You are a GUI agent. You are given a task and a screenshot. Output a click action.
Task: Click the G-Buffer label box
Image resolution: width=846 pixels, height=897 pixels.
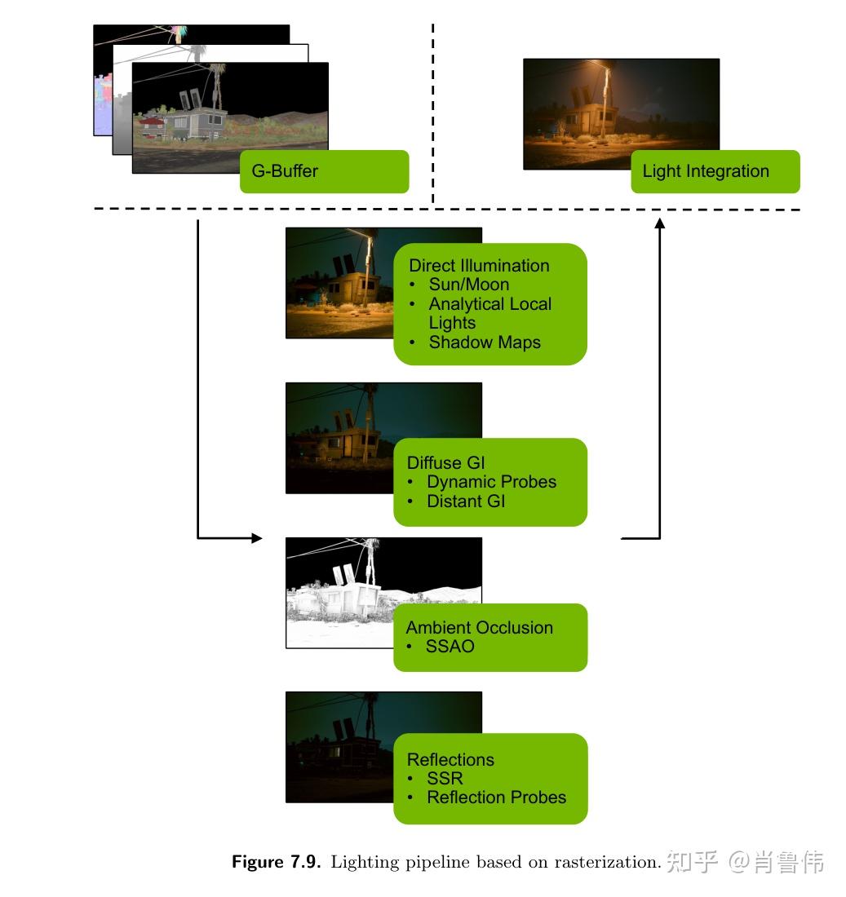pos(324,171)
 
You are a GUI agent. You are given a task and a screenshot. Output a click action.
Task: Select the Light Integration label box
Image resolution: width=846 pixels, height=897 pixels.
pos(715,171)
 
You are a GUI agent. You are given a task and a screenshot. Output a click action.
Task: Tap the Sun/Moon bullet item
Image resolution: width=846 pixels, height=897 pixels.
pos(468,285)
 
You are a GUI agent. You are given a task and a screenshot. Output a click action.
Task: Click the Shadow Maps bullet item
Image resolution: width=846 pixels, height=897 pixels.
pos(485,342)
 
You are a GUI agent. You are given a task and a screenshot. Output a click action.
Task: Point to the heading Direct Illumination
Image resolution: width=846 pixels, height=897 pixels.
pos(479,266)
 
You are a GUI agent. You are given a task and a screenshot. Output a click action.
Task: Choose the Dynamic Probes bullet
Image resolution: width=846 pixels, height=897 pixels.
pos(491,482)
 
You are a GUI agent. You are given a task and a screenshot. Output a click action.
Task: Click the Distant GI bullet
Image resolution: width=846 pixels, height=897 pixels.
pos(466,501)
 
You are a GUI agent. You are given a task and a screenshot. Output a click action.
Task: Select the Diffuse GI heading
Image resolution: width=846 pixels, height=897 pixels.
pos(445,463)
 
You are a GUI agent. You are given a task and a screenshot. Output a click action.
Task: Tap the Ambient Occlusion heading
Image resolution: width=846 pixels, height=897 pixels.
pos(479,628)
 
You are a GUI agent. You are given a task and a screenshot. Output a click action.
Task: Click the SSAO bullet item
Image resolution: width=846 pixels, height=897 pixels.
pos(450,647)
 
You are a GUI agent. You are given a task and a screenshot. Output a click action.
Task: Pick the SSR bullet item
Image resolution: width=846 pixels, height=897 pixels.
pos(445,778)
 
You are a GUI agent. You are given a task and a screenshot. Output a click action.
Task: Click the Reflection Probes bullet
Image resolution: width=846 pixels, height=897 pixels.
pos(496,798)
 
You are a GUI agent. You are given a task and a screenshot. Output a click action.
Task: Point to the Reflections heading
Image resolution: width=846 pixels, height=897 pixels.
pos(450,759)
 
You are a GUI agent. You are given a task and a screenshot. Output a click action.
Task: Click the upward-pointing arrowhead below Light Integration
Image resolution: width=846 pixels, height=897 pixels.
pos(659,223)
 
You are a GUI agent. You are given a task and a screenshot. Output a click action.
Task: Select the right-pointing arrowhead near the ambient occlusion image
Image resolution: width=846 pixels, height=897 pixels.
pos(257,538)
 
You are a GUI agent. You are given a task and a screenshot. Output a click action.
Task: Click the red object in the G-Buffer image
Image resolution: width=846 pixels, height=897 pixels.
pos(150,122)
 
